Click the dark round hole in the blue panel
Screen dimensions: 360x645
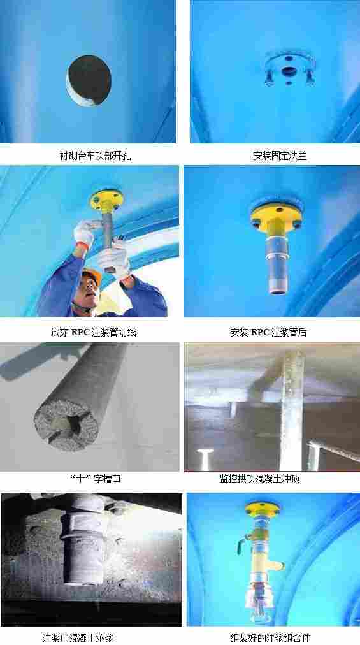pyautogui.click(x=89, y=80)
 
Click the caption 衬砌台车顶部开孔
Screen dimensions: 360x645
pyautogui.click(x=96, y=156)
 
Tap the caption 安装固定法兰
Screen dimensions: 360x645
pyautogui.click(x=280, y=156)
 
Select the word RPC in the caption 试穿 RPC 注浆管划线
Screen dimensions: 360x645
pyautogui.click(x=80, y=332)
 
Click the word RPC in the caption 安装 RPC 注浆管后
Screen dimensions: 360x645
pyautogui.click(x=259, y=332)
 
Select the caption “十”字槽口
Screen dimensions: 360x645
pyautogui.click(x=96, y=479)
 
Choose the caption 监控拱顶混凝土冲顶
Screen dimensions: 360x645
pyautogui.click(x=260, y=479)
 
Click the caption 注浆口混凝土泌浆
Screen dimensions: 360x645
pyautogui.click(x=78, y=638)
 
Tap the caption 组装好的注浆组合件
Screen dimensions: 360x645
pyautogui.click(x=271, y=638)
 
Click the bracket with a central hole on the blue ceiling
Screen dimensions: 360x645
pyautogui.click(x=289, y=68)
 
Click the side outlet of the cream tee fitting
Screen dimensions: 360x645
pyautogui.click(x=280, y=565)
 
